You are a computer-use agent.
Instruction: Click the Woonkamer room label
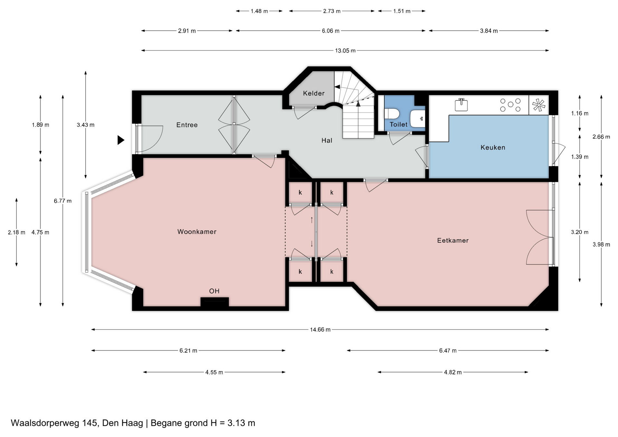tap(197, 232)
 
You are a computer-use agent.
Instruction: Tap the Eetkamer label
tap(453, 240)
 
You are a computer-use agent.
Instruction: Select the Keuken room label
tap(493, 147)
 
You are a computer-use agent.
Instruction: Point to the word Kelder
tap(314, 93)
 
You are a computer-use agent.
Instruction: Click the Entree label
tap(187, 125)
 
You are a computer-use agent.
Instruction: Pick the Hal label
tap(327, 140)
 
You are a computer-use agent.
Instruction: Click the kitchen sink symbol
tap(461, 105)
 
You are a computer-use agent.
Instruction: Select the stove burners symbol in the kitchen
tap(510, 105)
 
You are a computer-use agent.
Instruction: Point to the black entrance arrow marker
tap(121, 140)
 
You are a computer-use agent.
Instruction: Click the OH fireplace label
tap(214, 291)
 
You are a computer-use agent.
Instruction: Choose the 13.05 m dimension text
tap(345, 51)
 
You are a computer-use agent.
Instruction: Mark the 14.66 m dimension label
tap(320, 330)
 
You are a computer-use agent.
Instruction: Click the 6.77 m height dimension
tap(63, 201)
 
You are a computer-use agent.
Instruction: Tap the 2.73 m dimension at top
tap(332, 11)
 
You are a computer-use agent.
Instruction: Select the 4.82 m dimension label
tap(453, 372)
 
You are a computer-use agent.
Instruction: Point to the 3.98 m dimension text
tap(601, 245)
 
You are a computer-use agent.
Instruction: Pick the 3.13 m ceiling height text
tap(241, 423)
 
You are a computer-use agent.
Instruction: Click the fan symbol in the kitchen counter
tap(539, 105)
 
